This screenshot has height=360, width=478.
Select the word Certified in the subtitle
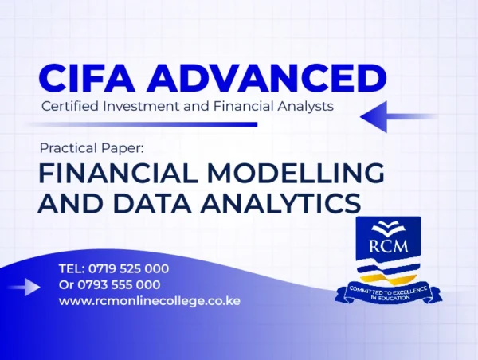tap(70, 107)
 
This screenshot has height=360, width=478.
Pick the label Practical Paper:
tap(92, 148)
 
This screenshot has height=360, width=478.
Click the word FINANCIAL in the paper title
tap(116, 173)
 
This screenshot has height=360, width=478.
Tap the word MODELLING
tap(296, 173)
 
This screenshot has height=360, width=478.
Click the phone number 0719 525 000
tap(128, 269)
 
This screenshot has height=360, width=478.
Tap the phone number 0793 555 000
tap(119, 285)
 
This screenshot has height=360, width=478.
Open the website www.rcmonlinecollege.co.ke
tap(150, 301)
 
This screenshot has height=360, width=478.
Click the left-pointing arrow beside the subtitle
tap(399, 117)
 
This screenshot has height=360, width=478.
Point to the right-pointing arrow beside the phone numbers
tap(23, 287)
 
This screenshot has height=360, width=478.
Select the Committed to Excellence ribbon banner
tap(389, 294)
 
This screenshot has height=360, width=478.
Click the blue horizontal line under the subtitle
tap(142, 124)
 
